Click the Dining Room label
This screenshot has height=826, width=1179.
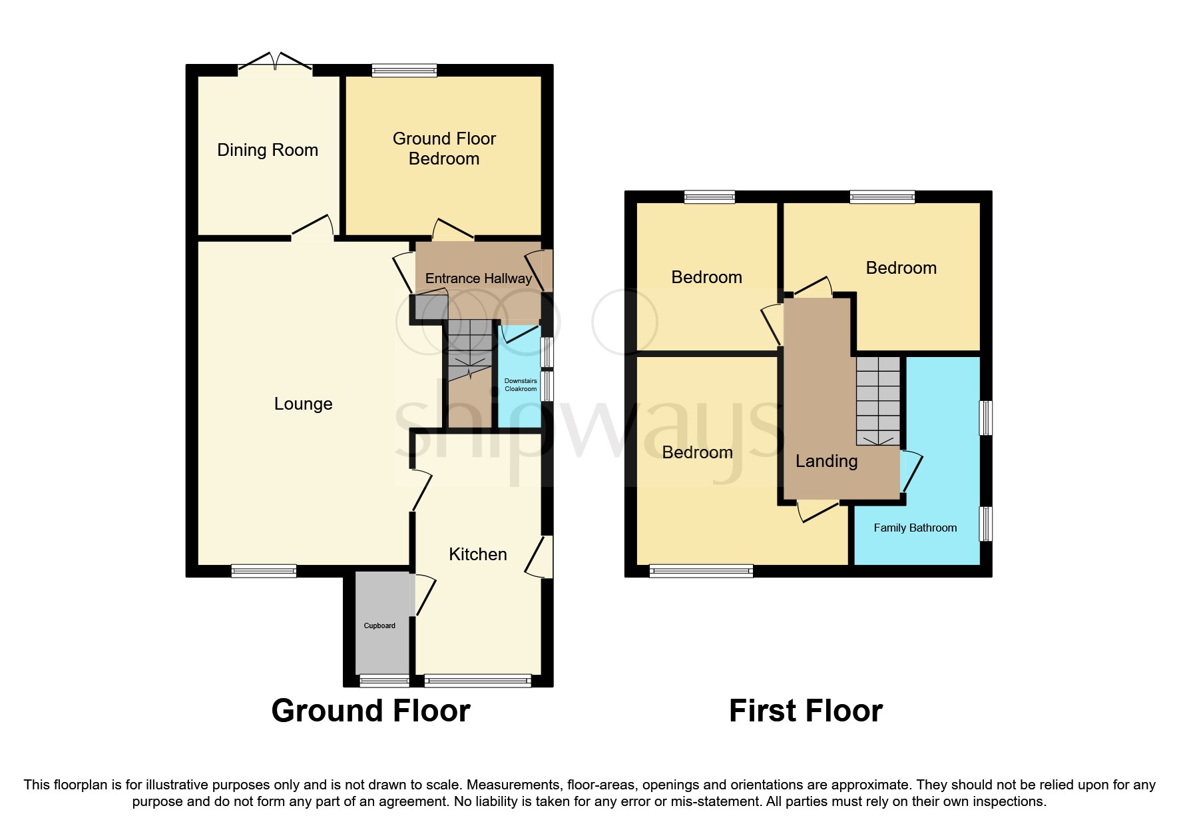coord(268,150)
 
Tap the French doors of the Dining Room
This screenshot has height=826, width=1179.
coord(275,63)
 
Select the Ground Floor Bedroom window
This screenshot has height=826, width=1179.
coord(404,70)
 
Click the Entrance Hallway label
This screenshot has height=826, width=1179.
coord(478,278)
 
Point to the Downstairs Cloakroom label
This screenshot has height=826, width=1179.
coord(521,385)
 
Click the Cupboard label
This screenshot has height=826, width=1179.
coord(379,625)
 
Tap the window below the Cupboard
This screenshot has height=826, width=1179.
coord(384,680)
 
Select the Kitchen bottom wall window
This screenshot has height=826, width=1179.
coord(477,680)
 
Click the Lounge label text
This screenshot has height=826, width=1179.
coord(303,404)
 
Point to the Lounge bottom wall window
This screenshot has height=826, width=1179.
coord(264,570)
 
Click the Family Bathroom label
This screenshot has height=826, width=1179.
coord(915,528)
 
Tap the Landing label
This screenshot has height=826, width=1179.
coord(826,461)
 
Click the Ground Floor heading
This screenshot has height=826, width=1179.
coord(370,711)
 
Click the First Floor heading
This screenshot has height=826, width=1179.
coord(805,711)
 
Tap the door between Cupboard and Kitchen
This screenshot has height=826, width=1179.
coord(423,594)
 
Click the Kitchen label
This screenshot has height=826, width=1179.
coord(477,554)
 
